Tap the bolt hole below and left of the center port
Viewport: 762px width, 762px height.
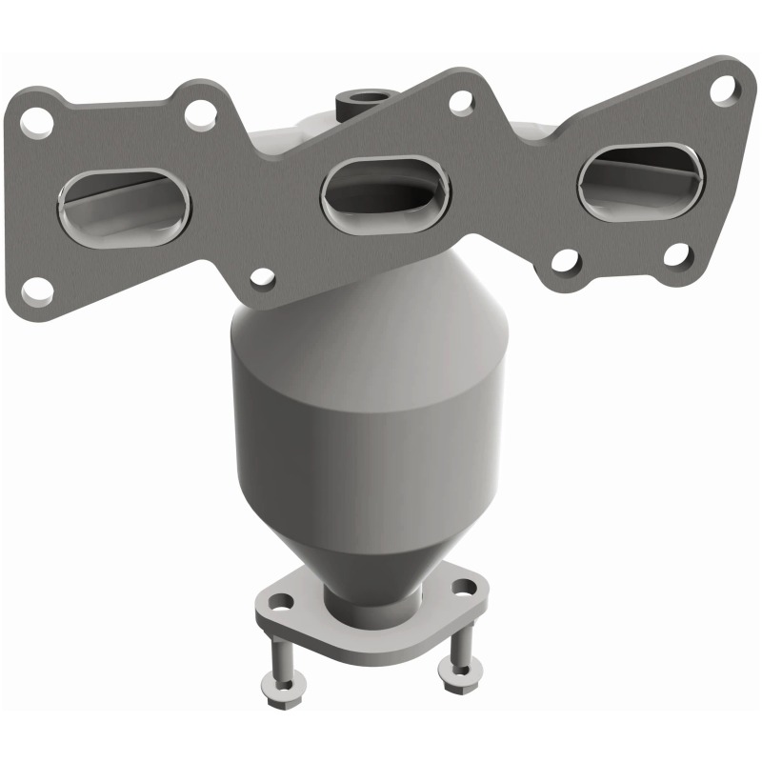pyautogui.click(x=260, y=278)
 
